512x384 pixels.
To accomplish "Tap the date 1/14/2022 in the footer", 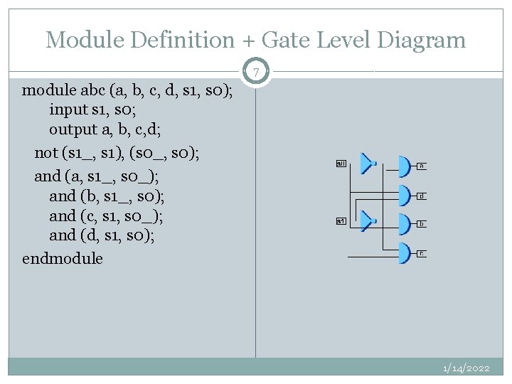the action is click(x=466, y=368).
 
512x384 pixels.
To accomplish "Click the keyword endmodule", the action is click(x=63, y=258).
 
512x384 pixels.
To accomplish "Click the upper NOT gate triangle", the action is click(x=368, y=164).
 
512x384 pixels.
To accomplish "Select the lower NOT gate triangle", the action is click(x=368, y=220).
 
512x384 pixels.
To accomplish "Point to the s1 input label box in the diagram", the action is click(x=341, y=221).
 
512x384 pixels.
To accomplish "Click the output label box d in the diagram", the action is click(x=422, y=196).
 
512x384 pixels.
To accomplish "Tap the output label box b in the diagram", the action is click(x=422, y=224).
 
